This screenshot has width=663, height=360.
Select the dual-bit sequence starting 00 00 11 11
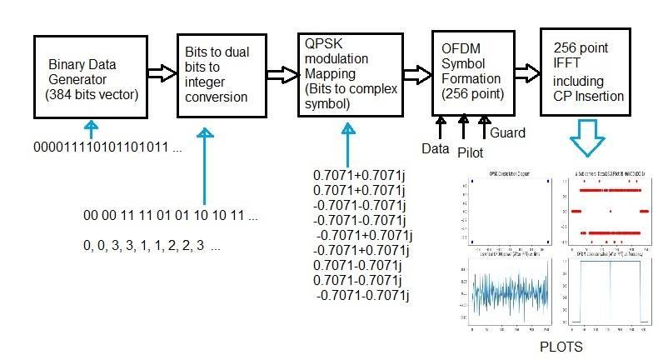(170, 216)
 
